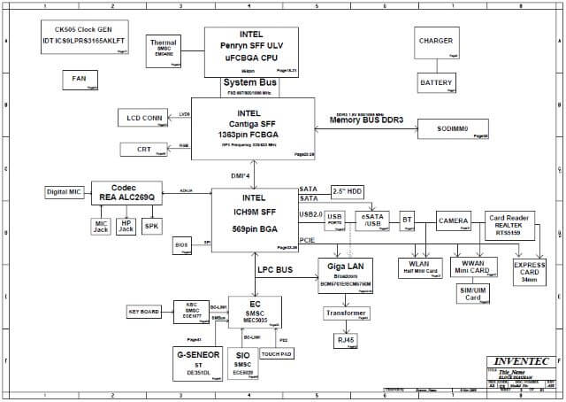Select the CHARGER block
click(x=437, y=43)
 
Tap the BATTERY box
click(x=437, y=83)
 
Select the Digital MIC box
click(x=63, y=192)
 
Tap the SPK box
click(x=151, y=225)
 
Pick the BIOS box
click(x=182, y=244)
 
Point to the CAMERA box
click(x=455, y=220)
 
